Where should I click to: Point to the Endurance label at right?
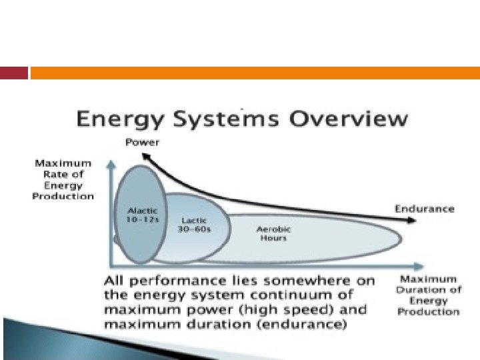(424, 209)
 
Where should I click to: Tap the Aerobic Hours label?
(273, 233)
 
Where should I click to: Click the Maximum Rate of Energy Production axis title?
(63, 179)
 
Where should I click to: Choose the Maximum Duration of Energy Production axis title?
(428, 295)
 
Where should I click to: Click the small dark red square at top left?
(14, 73)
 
